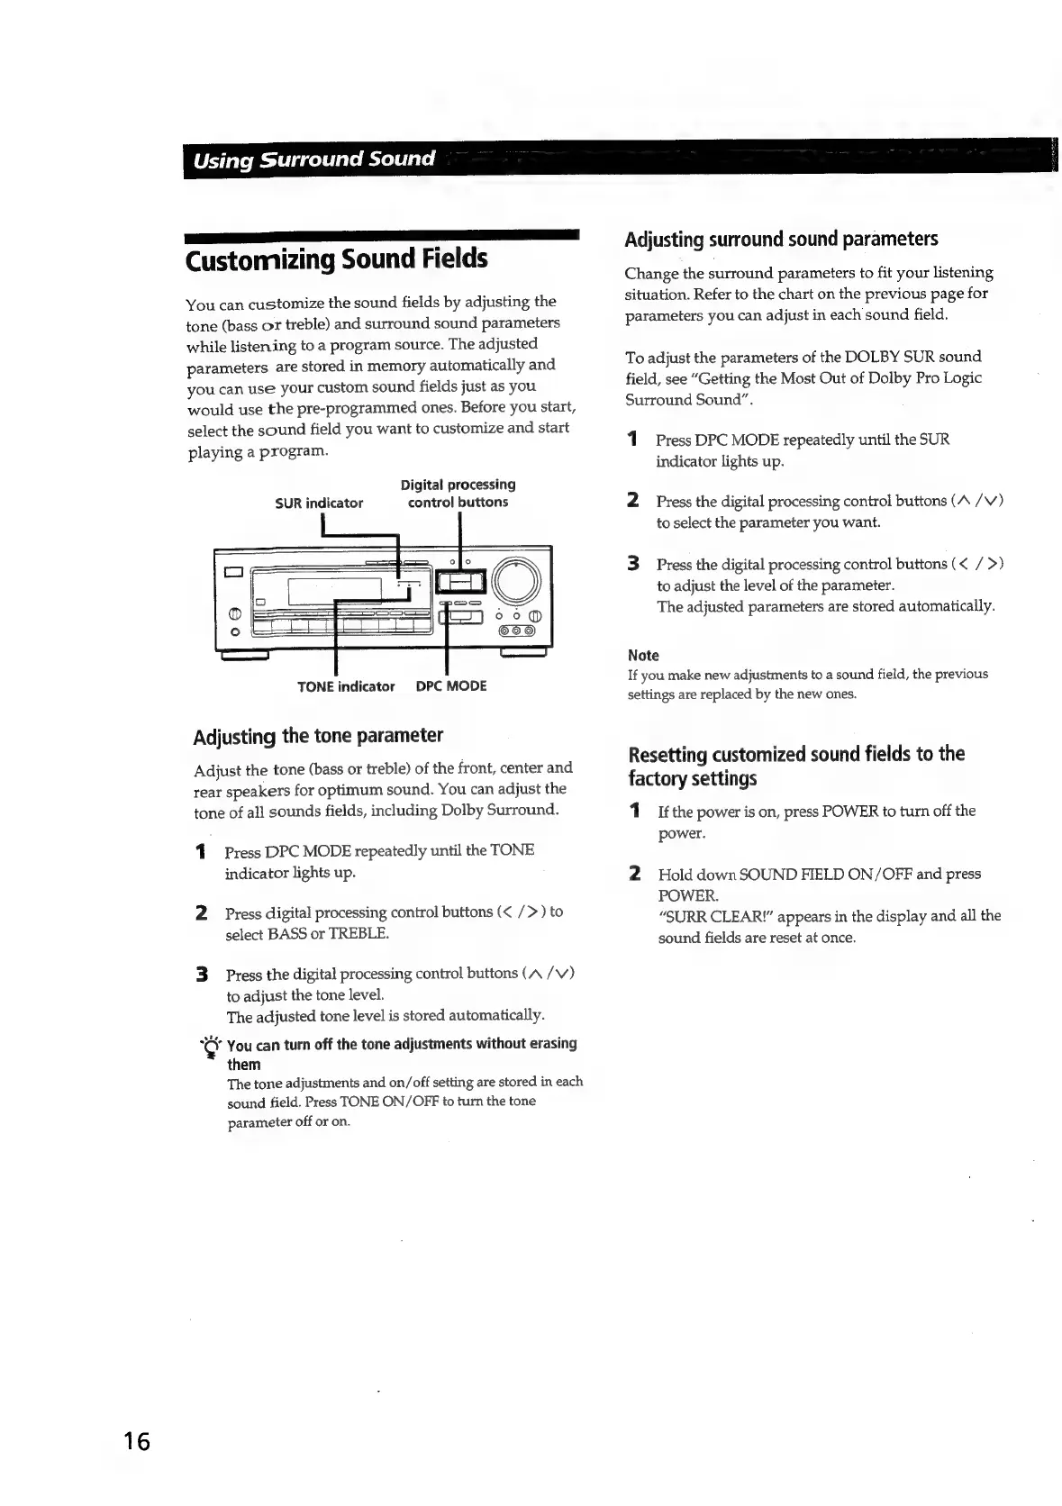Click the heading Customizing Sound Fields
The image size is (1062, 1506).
336,259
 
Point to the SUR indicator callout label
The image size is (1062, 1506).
319,503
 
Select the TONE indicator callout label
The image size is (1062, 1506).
346,686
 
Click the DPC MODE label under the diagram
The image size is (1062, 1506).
451,686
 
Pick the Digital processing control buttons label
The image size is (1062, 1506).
458,494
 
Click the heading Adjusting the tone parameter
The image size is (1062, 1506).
318,736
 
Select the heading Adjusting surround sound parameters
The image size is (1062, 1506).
781,239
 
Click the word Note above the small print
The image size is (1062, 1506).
643,655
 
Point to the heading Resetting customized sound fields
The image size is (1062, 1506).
795,766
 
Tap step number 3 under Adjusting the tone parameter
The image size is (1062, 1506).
203,974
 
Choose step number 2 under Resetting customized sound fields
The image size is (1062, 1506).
635,873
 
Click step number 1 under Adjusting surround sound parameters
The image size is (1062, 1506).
633,440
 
